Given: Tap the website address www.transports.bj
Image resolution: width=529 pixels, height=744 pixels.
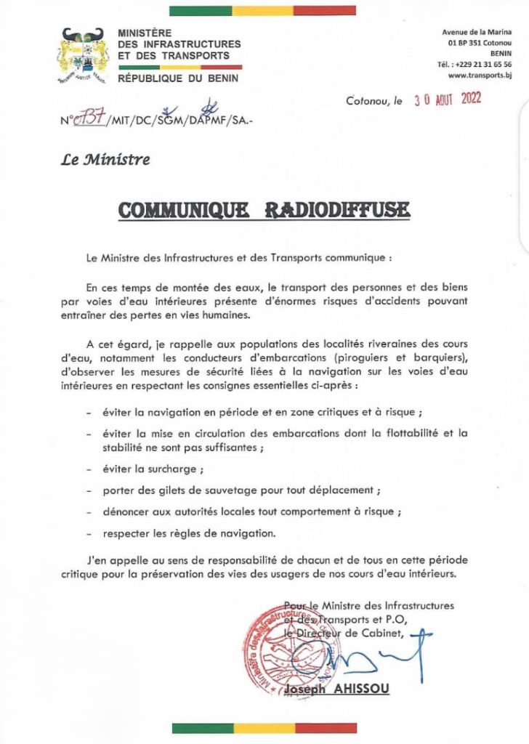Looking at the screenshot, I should pos(480,75).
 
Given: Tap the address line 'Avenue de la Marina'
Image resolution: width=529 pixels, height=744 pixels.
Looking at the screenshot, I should pos(477,33).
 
